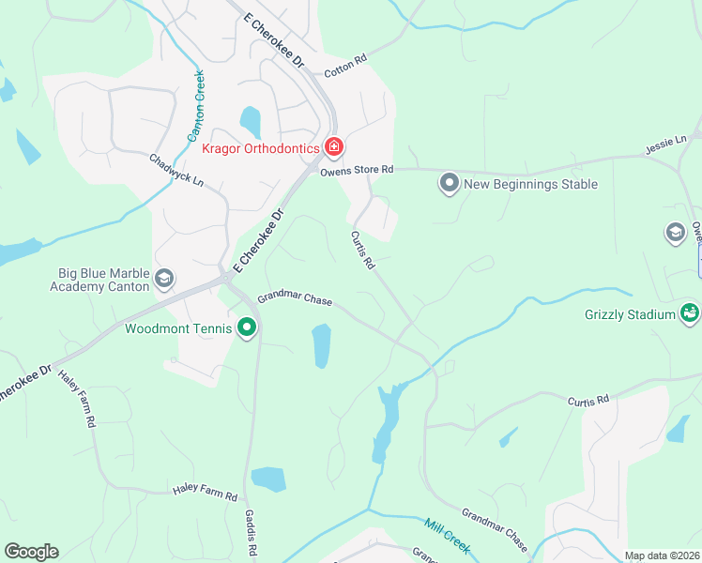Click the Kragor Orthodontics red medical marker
tap(333, 147)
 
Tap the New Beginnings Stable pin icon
tap(449, 184)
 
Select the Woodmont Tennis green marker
tap(248, 327)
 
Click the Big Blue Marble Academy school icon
tap(164, 279)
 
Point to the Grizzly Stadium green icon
tap(691, 312)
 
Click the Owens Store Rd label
tap(356, 170)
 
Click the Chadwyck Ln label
tap(176, 169)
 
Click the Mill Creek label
tap(446, 535)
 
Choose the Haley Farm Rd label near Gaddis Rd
tap(206, 491)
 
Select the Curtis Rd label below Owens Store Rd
tap(362, 251)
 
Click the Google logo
tap(31, 552)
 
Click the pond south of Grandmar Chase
tap(321, 345)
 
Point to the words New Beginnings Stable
tap(531, 184)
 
